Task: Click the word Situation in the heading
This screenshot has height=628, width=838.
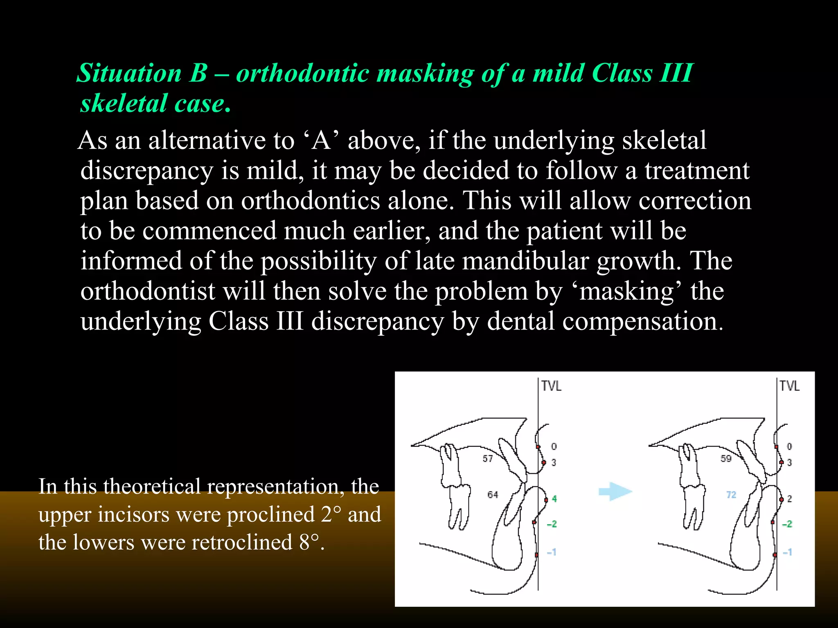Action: coord(129,74)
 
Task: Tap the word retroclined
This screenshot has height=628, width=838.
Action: coord(242,543)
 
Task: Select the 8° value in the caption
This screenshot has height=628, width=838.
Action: coord(309,543)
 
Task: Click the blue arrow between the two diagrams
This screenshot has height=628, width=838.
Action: coord(615,491)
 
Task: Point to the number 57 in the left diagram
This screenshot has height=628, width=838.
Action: coord(487,459)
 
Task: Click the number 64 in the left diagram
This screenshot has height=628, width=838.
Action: coord(493,495)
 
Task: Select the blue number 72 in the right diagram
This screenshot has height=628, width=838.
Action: coord(731,495)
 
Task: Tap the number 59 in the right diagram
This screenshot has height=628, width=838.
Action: coord(726,459)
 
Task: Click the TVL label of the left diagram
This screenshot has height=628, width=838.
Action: coord(551,386)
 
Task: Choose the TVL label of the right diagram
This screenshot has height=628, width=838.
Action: coord(789,386)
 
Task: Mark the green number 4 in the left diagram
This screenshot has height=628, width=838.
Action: coord(554,499)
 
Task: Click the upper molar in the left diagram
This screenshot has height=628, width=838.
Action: coord(449,464)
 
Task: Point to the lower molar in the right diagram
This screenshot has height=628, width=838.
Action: coord(693,505)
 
